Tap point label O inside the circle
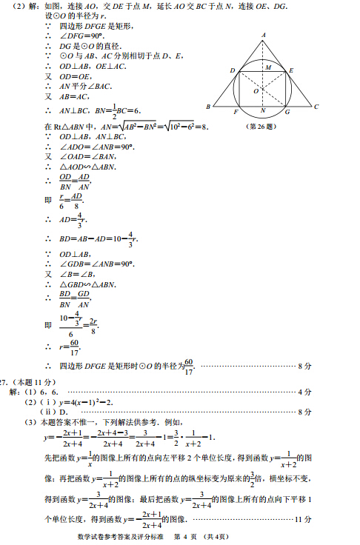click(x=256, y=92)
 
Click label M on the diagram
click(x=269, y=67)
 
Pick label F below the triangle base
click(x=235, y=112)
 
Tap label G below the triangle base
click(x=287, y=112)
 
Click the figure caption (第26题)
click(x=264, y=126)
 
